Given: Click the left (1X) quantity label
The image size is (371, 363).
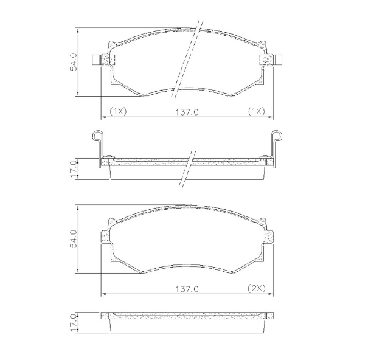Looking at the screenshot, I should click(117, 112).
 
